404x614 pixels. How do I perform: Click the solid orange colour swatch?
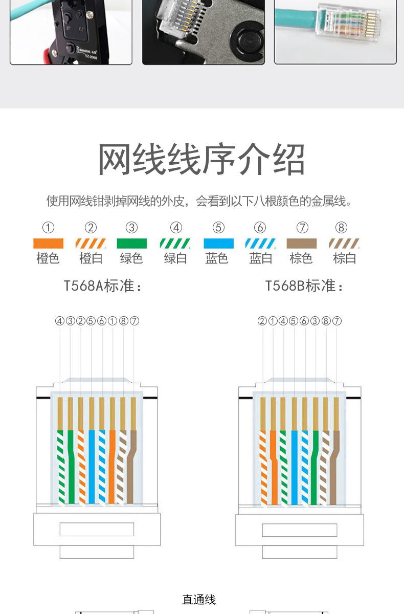(x=48, y=244)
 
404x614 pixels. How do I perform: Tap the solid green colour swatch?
(x=131, y=244)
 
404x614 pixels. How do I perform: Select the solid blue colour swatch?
(x=218, y=244)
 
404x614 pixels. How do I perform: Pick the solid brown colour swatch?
(x=301, y=244)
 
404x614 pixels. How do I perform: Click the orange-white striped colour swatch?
(x=91, y=244)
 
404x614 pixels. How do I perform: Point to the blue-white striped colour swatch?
(x=260, y=244)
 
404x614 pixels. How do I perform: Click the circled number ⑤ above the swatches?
(x=218, y=228)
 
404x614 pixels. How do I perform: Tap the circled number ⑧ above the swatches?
(x=341, y=228)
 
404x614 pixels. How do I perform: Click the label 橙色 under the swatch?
(x=48, y=258)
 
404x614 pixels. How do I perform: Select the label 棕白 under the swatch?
(x=344, y=258)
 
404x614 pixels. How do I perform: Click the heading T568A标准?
(x=102, y=286)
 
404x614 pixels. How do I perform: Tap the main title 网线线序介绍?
(x=201, y=160)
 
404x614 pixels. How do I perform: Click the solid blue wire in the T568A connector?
(x=92, y=466)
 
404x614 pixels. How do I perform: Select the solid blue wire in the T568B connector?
(x=295, y=466)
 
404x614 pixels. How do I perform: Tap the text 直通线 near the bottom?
(x=199, y=600)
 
